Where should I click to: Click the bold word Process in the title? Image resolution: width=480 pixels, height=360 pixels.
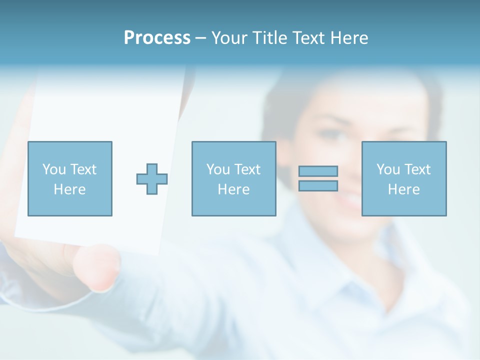157,38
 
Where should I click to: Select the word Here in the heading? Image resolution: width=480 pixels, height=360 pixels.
349,38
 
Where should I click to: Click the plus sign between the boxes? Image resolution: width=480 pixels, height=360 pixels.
152,179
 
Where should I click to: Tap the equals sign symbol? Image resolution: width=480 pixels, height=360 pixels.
318,178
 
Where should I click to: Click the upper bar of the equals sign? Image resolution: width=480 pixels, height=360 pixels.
318,171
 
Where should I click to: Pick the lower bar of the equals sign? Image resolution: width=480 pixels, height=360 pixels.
318,185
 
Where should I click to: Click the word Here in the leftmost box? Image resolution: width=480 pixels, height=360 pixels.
69,189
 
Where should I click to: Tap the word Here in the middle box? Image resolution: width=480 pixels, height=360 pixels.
233,189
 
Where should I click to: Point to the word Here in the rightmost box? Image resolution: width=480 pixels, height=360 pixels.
403,189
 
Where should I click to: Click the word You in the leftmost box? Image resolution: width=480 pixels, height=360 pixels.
54,169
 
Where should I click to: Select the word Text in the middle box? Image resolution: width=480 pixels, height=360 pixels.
247,169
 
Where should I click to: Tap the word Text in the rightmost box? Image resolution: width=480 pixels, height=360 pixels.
417,169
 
